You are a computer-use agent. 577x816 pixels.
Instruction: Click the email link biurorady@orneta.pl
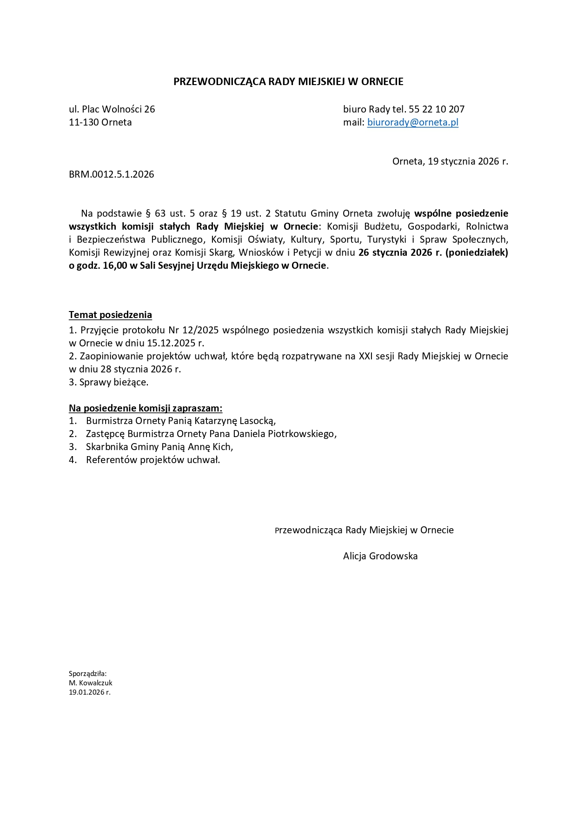[x=412, y=122]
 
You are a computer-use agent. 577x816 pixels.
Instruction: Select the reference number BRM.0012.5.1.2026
[x=112, y=174]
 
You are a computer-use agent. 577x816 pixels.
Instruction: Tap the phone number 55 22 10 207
[x=437, y=109]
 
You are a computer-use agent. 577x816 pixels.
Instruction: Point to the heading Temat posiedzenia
[x=110, y=315]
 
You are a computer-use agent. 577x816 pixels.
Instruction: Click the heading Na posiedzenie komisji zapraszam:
[x=146, y=408]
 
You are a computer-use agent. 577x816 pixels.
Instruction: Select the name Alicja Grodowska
[x=380, y=556]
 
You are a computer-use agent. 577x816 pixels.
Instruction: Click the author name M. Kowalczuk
[x=91, y=683]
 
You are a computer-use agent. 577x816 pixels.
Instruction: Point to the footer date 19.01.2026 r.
[x=90, y=692]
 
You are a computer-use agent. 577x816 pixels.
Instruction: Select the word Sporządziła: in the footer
[x=88, y=674]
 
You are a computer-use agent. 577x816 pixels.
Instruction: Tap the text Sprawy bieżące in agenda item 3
[x=114, y=382]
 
